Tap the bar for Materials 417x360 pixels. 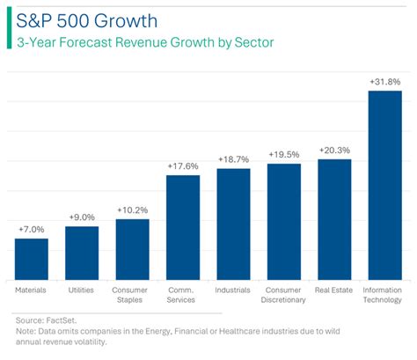31,258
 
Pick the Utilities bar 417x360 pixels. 81,252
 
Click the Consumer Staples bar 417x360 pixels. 132,248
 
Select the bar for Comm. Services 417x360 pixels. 182,226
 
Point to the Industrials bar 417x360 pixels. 233,223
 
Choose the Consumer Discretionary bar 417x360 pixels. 283,221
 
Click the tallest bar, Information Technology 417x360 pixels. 384,184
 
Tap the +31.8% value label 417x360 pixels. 384,82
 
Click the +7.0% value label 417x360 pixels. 31,230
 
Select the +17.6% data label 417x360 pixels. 182,165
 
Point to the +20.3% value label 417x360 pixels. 334,151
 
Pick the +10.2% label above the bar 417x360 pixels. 132,210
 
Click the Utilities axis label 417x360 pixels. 81,289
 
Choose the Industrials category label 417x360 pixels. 233,289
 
